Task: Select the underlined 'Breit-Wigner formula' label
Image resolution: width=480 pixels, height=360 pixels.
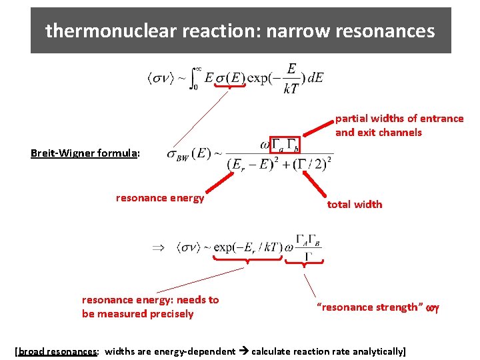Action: (x=84, y=153)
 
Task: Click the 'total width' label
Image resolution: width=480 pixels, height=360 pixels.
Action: (x=355, y=205)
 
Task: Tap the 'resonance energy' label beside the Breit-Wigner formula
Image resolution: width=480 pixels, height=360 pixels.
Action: (x=160, y=198)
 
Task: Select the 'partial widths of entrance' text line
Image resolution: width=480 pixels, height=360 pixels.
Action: (x=399, y=119)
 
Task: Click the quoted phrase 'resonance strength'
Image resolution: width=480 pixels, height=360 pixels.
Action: (x=371, y=307)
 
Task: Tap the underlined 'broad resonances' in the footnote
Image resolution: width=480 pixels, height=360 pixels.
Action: (x=58, y=351)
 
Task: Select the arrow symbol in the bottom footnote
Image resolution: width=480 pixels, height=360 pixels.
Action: (x=243, y=351)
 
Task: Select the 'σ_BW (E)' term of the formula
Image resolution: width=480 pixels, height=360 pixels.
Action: (x=187, y=154)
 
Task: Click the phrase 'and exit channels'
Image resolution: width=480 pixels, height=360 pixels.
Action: (x=379, y=133)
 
